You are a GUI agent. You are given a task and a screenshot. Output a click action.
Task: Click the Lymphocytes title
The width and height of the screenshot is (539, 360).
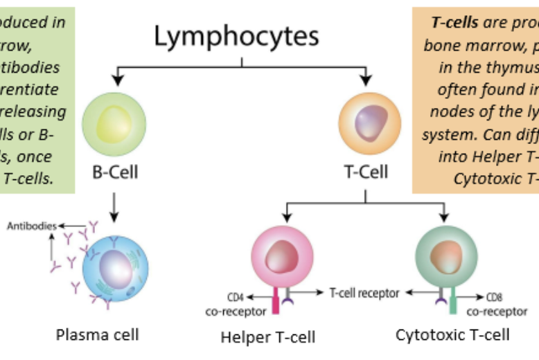tap(236, 36)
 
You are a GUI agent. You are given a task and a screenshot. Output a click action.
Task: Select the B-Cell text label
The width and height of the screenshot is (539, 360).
tap(115, 171)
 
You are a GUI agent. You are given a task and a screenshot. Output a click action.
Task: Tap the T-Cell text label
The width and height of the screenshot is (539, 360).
tap(366, 171)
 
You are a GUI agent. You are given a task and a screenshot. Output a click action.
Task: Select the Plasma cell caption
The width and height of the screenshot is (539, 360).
tap(97, 335)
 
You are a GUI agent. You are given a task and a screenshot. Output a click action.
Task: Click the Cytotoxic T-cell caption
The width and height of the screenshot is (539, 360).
tap(452, 335)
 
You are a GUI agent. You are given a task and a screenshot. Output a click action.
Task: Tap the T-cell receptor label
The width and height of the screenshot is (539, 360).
tap(364, 293)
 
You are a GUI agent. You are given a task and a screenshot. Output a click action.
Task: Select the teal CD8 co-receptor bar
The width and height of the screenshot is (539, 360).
tap(452, 302)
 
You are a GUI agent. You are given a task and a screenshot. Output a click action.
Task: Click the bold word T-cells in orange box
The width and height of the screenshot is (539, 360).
tap(454, 21)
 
